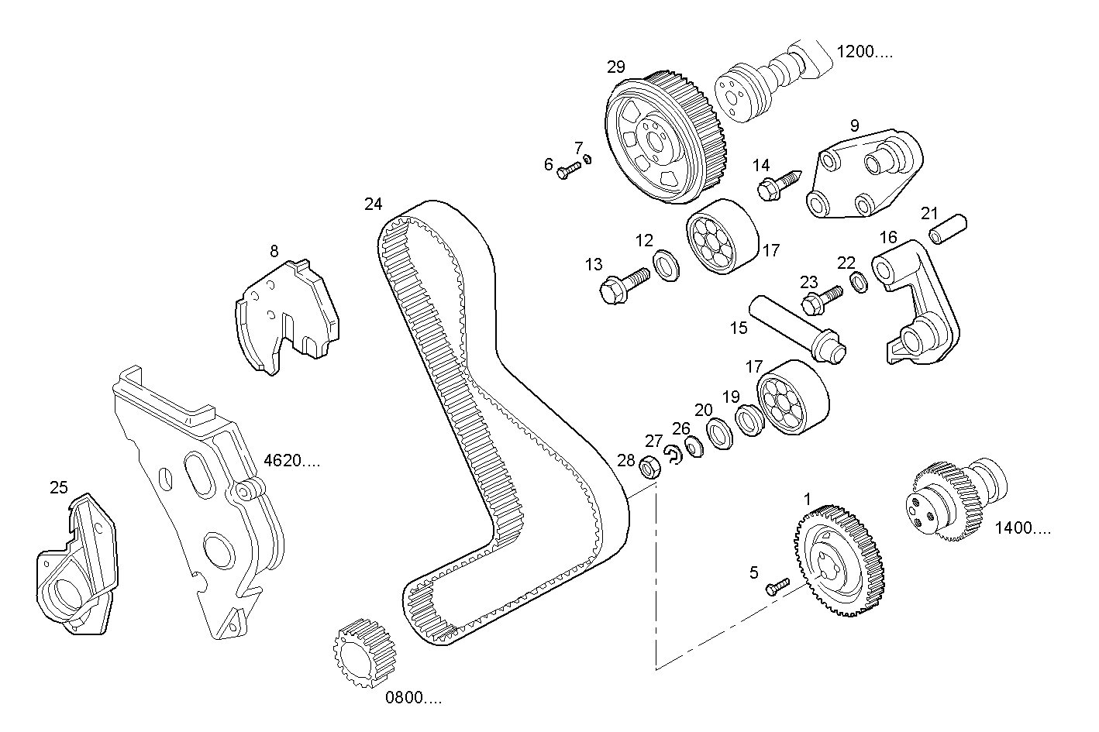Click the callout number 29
pos(616,67)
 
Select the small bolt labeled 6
pos(568,170)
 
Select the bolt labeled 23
pos(821,300)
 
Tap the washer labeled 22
pos(859,283)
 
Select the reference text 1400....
pos(1023,528)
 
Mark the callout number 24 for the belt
pos(374,204)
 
